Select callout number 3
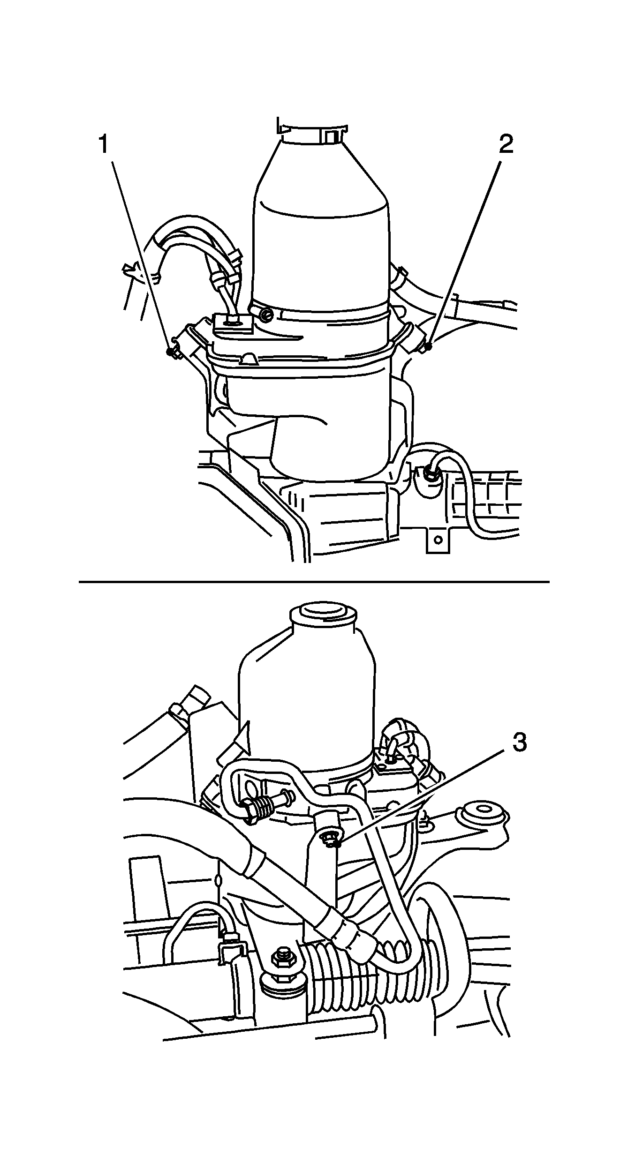[519, 743]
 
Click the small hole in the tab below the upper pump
[438, 540]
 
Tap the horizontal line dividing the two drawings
[314, 582]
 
